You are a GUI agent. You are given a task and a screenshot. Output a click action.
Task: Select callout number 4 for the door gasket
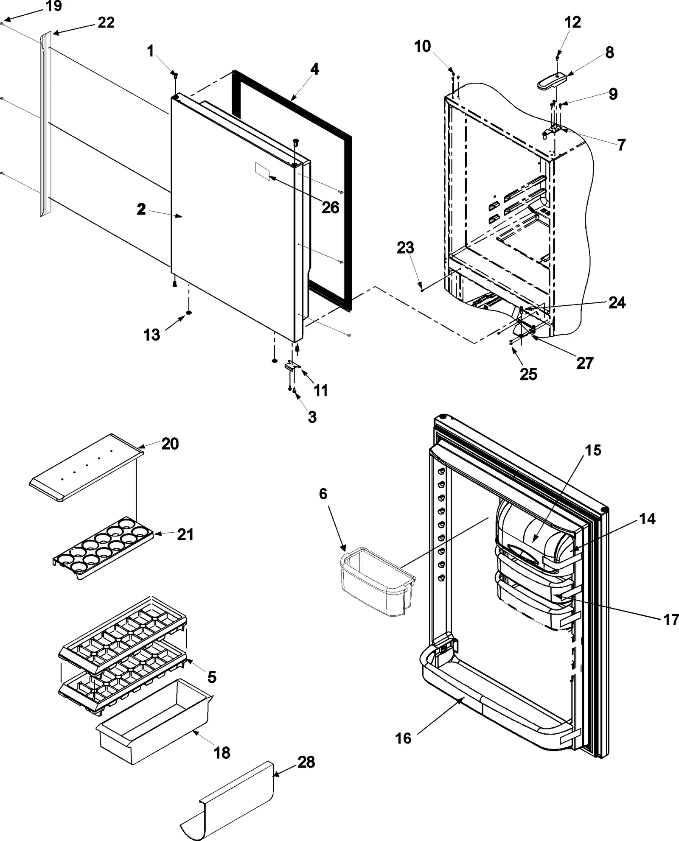pos(314,69)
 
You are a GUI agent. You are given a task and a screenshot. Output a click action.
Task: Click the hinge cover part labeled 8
pos(552,80)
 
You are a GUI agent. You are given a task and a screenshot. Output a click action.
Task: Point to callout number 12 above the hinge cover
pos(572,22)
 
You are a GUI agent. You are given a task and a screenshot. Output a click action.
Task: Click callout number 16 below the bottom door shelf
pos(403,738)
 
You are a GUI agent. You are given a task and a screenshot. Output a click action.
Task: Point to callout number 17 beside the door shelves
pos(671,620)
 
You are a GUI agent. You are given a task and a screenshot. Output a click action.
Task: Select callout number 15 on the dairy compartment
pos(593,450)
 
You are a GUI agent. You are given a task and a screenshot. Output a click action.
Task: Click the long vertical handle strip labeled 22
pos(45,123)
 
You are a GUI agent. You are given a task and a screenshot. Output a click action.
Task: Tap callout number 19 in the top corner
pos(53,6)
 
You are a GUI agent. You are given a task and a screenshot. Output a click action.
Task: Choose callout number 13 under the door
pos(152,335)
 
